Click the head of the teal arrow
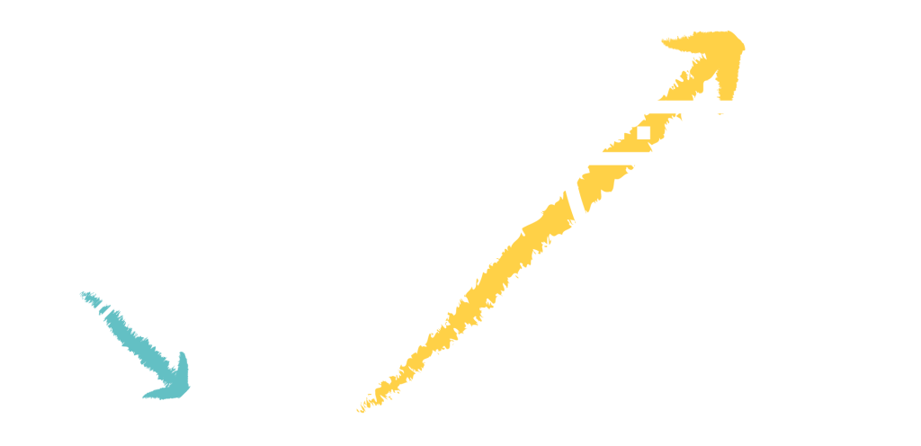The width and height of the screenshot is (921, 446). click(x=176, y=379)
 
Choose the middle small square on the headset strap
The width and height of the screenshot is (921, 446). click(x=617, y=133)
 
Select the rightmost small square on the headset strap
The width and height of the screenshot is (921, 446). click(x=643, y=133)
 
